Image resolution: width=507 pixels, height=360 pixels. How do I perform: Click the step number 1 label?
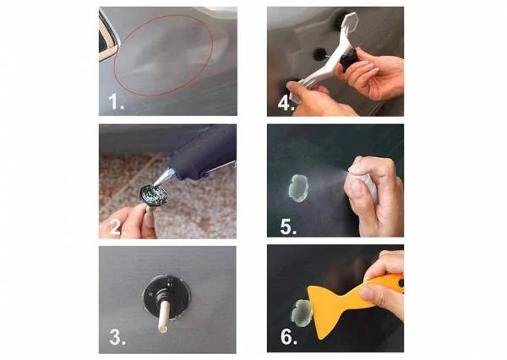click(116, 101)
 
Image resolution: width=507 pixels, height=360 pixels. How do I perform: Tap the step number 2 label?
click(116, 227)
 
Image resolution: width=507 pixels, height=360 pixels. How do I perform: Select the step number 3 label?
click(117, 337)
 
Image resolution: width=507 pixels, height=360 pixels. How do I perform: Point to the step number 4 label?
click(286, 103)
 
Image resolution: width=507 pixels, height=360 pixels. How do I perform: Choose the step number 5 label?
click(288, 226)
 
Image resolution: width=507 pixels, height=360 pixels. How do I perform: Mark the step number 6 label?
click(289, 336)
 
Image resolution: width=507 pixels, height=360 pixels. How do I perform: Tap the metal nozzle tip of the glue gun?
click(164, 177)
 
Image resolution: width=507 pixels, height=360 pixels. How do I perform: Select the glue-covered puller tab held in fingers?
click(154, 195)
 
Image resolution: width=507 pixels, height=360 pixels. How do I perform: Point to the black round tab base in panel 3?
click(166, 297)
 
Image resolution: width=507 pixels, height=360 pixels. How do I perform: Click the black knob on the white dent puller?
click(349, 59)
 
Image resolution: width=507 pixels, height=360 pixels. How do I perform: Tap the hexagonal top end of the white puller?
click(349, 21)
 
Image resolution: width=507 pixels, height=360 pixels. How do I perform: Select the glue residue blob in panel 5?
click(299, 188)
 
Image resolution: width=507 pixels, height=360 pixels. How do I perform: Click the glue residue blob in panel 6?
click(302, 313)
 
